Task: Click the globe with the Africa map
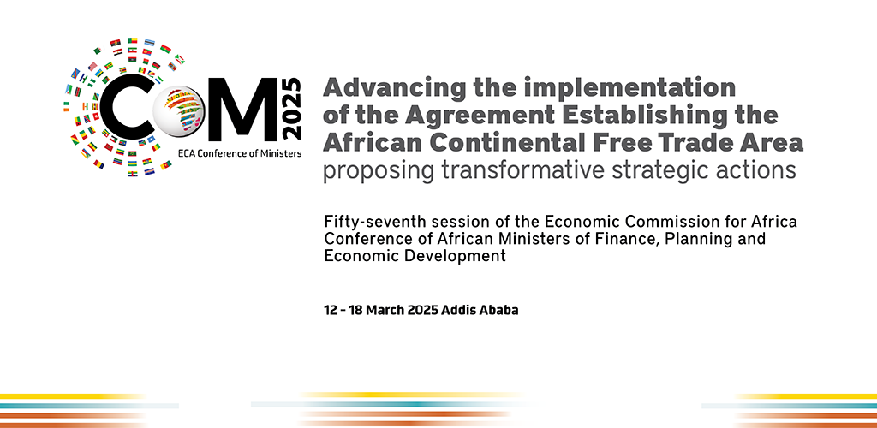coord(180,110)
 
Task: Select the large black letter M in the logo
coord(242,110)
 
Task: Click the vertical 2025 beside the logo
coord(293,109)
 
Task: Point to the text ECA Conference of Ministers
coord(240,153)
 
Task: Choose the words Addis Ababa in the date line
coord(480,310)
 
